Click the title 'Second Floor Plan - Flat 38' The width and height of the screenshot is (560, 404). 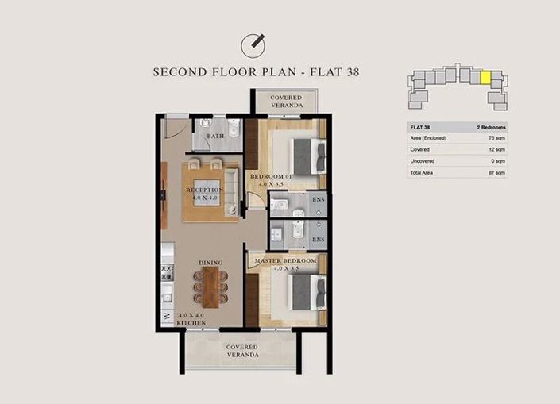click(x=257, y=71)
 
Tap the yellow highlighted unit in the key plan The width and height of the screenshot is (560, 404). click(x=485, y=79)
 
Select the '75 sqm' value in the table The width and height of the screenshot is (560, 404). click(x=497, y=138)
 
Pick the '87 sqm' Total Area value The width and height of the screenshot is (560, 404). click(x=497, y=171)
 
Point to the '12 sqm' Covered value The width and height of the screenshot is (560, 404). click(x=497, y=149)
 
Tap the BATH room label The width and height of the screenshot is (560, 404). click(x=216, y=137)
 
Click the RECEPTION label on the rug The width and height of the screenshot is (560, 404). click(x=204, y=190)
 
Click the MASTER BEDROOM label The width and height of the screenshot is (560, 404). click(x=286, y=260)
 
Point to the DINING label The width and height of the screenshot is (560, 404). click(x=210, y=263)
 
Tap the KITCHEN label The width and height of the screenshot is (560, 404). click(x=192, y=323)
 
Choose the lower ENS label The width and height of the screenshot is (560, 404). click(x=318, y=239)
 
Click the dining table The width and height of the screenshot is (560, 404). click(x=210, y=287)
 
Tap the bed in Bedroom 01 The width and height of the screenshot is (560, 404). click(x=302, y=152)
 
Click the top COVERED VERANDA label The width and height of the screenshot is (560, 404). click(x=286, y=102)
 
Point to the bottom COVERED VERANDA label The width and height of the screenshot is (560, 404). click(x=241, y=351)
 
